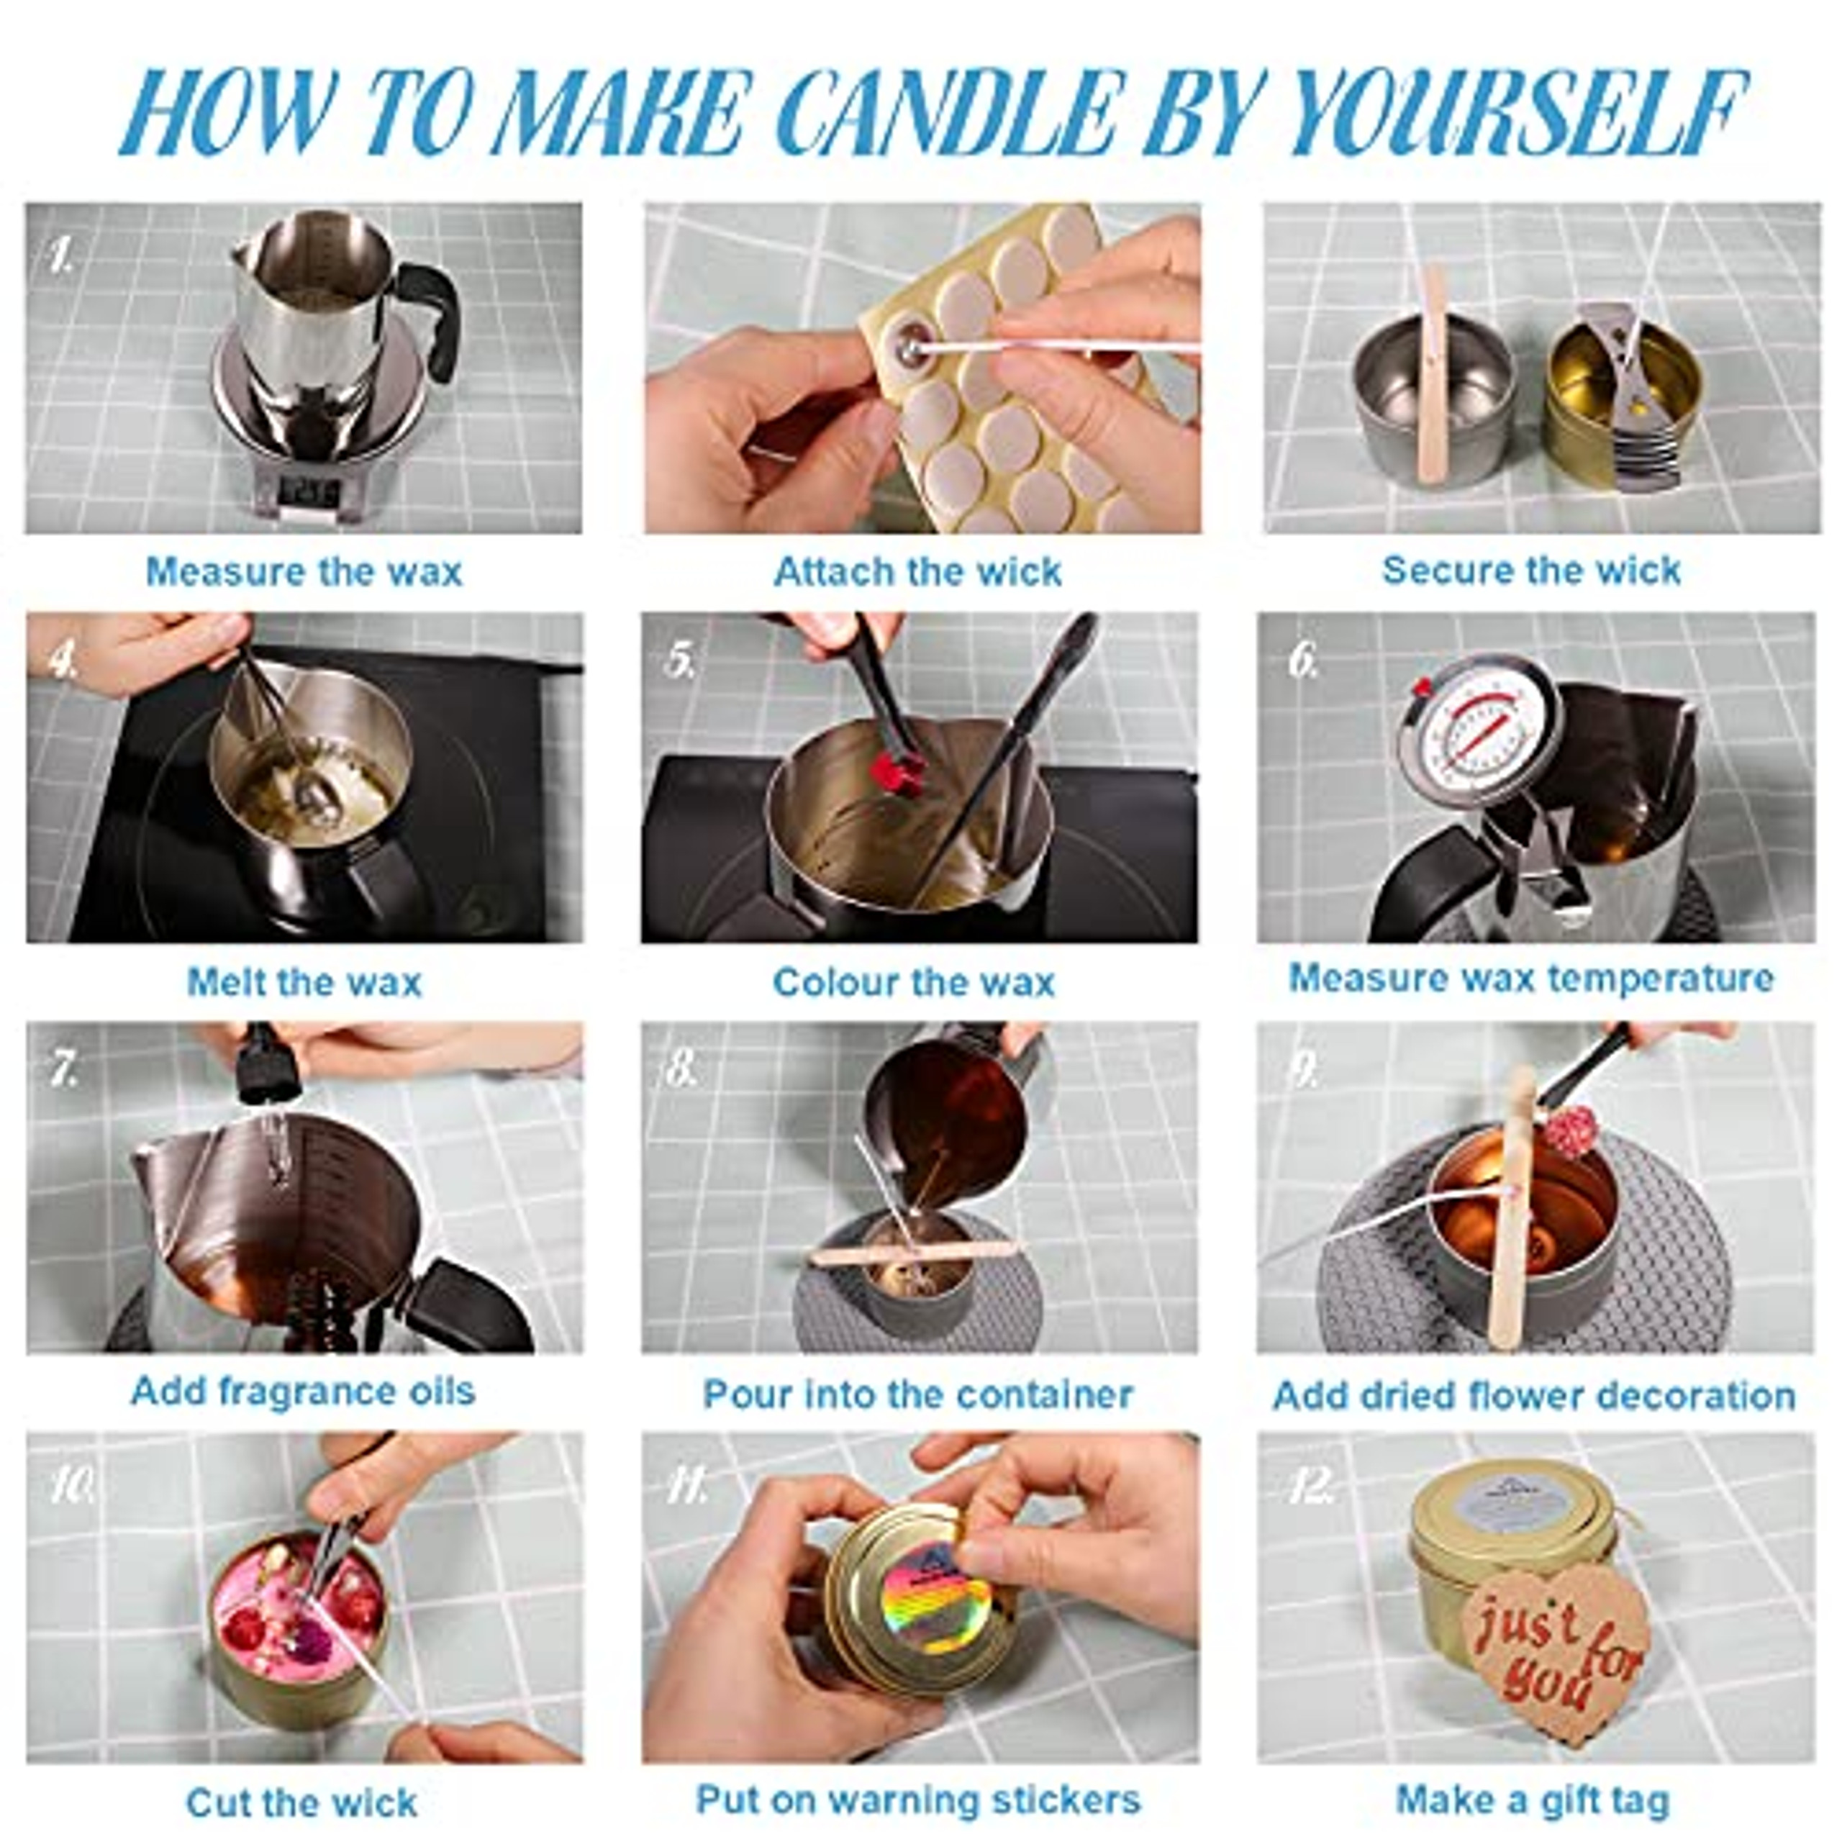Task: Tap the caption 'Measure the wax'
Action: (303, 572)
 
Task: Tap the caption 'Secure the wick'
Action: (1530, 570)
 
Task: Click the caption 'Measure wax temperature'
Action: (1530, 979)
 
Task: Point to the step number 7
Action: (64, 1070)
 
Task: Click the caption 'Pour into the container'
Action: (917, 1394)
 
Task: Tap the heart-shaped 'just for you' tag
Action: (1555, 1646)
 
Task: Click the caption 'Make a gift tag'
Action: (1532, 1800)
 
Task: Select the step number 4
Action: (63, 660)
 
